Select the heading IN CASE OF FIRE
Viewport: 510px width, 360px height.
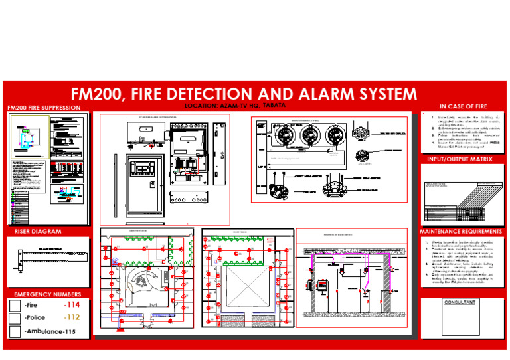(463, 106)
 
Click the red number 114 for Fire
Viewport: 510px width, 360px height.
(71, 305)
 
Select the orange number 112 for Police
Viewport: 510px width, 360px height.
(71, 317)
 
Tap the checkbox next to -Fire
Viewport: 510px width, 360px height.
(15, 305)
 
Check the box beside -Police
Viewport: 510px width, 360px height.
(15, 318)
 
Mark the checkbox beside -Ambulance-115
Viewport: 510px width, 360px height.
(15, 331)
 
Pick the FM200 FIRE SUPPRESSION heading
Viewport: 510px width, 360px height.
(43, 108)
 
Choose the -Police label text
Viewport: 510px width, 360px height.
(34, 318)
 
